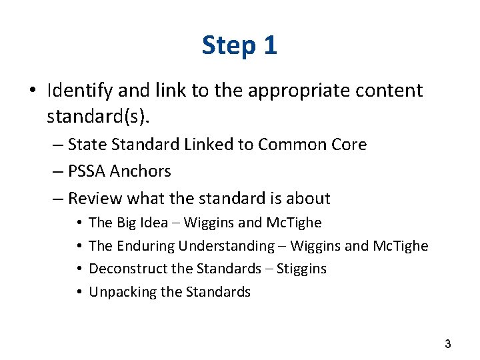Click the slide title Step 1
[239, 45]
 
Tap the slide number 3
[447, 344]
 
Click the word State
[88, 145]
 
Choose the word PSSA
[88, 171]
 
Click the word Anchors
[141, 171]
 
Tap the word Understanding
[227, 246]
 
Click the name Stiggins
[302, 269]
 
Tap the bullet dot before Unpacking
[79, 293]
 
